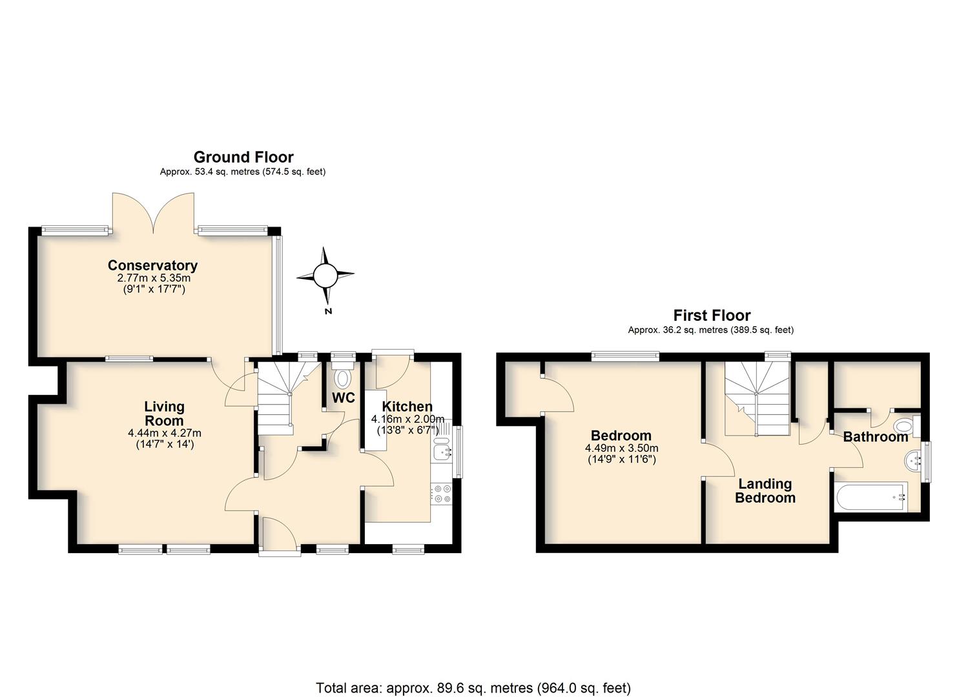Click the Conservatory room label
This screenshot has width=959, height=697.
click(x=152, y=265)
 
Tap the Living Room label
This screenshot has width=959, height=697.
click(x=164, y=413)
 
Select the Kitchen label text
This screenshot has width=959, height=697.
click(x=407, y=407)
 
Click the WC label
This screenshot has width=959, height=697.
click(x=344, y=398)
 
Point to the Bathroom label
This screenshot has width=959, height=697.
click(x=876, y=437)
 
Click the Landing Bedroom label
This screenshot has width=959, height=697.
click(x=765, y=490)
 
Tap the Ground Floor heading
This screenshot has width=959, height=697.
click(x=243, y=157)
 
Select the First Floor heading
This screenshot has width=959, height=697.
click(x=712, y=316)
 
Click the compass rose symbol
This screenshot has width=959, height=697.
click(x=325, y=275)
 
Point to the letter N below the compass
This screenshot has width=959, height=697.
click(x=328, y=311)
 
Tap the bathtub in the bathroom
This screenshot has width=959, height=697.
click(x=871, y=496)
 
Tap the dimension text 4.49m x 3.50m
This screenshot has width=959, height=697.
click(x=621, y=449)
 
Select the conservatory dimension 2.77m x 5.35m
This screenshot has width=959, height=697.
click(x=154, y=278)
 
